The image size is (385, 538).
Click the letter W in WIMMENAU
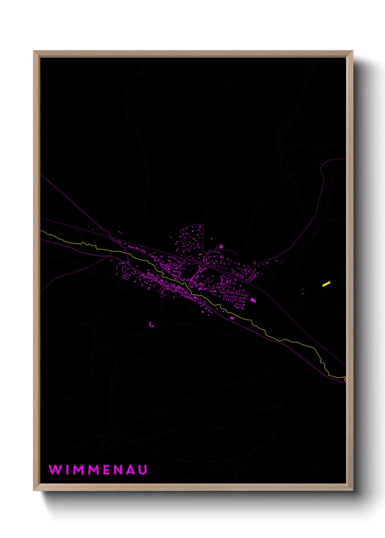pos(55,470)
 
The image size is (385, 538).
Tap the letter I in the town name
pos(68,470)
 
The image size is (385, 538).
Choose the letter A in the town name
pos(131,470)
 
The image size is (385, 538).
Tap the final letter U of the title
pos(143,470)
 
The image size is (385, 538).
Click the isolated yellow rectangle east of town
pos(326,284)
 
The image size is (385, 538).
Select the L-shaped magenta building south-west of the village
pos(151,324)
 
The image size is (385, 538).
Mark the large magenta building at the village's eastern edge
pos(253,300)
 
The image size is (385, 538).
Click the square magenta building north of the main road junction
pos(221,246)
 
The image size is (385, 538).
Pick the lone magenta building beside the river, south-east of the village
pos(232,318)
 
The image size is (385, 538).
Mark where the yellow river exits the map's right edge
pos(345,379)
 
